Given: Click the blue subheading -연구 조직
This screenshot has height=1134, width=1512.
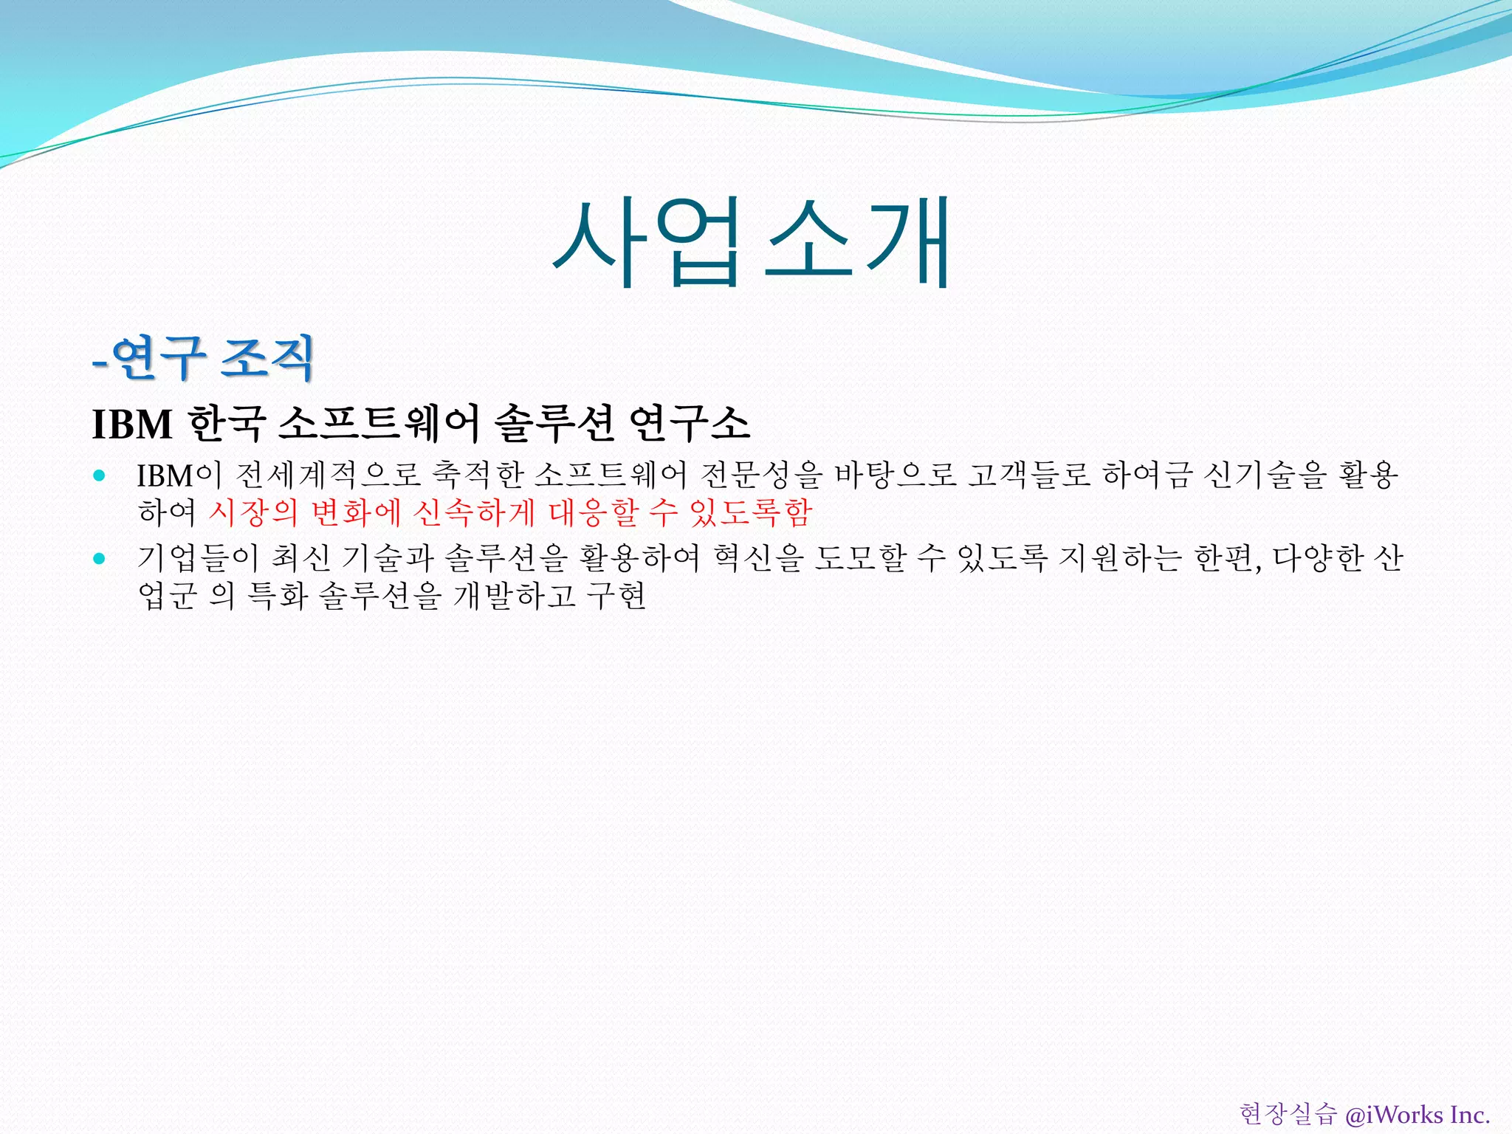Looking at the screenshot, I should point(204,358).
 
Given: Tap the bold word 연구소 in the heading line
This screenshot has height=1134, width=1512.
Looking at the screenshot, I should point(690,424).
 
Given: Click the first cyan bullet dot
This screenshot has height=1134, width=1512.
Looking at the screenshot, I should point(100,475).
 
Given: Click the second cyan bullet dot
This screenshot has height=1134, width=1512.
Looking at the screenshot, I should point(100,558).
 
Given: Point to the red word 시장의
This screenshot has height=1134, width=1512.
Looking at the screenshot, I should point(253,512).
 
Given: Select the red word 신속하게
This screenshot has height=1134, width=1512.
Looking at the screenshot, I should point(473,512).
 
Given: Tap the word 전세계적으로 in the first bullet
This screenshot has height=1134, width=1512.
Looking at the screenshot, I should point(329,475).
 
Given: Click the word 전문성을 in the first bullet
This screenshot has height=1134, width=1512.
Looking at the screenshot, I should point(760,475).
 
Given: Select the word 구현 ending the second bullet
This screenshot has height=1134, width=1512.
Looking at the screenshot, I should point(616,596).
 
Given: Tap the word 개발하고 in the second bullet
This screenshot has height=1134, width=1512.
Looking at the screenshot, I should point(514,596).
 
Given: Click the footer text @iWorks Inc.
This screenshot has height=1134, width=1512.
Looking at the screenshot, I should point(1417,1114).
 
